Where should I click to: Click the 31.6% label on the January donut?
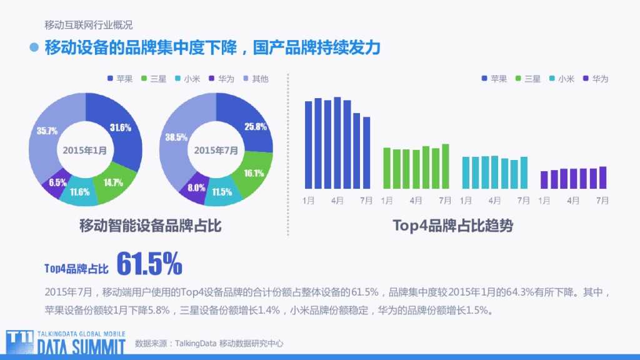click(x=121, y=127)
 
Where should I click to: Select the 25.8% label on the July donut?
click(x=256, y=126)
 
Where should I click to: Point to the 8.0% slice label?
click(x=196, y=187)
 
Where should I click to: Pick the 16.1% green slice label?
click(x=253, y=173)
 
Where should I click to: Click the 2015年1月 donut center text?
click(x=85, y=151)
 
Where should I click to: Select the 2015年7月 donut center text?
click(x=216, y=151)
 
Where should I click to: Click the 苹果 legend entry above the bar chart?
click(x=493, y=79)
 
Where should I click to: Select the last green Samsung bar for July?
click(x=446, y=166)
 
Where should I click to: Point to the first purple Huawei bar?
click(x=544, y=179)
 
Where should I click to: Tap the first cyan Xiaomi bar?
click(x=466, y=172)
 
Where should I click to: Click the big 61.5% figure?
click(x=149, y=264)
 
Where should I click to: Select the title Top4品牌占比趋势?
click(x=452, y=225)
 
